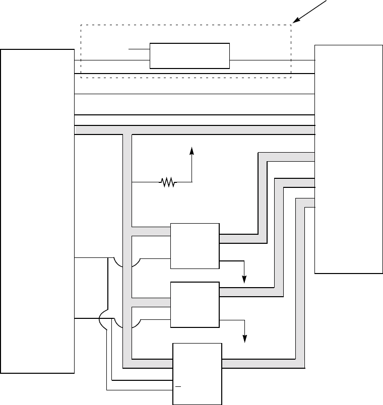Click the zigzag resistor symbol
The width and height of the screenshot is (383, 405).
coord(167,182)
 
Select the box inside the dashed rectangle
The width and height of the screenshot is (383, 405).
coord(189,56)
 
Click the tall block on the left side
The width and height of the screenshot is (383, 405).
coord(38,211)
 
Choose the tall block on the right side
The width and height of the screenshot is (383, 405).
coord(348,159)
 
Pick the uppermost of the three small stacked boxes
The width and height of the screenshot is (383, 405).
coord(195,246)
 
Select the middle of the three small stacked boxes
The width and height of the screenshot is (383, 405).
coord(195,305)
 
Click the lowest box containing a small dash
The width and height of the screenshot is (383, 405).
coord(198,373)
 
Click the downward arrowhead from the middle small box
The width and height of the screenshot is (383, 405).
coord(245,339)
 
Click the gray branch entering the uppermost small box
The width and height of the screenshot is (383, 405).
coord(151,231)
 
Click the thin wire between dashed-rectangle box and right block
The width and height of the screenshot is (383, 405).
coord(272,60)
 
